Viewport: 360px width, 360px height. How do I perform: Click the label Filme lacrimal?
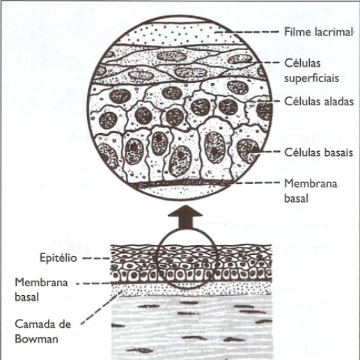click(x=318, y=32)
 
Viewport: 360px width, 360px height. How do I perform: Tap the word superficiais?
click(x=311, y=79)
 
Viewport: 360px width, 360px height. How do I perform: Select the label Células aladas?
click(x=319, y=101)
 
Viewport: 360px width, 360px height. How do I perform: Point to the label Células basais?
click(x=319, y=152)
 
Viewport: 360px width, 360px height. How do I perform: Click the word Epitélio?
click(x=58, y=258)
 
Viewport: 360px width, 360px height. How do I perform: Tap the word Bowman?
click(x=37, y=339)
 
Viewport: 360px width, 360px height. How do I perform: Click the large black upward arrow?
click(x=185, y=217)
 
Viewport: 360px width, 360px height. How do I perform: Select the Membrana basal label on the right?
click(x=311, y=191)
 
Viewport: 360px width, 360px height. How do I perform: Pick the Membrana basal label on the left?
click(x=41, y=290)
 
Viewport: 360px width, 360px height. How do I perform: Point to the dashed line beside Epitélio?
click(x=96, y=258)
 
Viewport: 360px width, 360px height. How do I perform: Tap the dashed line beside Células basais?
click(x=267, y=152)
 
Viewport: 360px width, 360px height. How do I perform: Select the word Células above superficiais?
click(x=302, y=63)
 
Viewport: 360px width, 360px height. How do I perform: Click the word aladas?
click(x=338, y=101)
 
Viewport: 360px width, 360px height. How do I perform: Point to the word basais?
click(x=338, y=152)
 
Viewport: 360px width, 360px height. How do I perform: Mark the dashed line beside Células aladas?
click(x=264, y=101)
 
